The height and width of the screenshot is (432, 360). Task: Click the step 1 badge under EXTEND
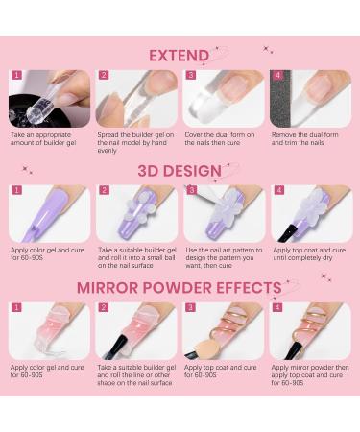tap(15, 75)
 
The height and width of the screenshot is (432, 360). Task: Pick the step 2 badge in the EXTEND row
tap(103, 75)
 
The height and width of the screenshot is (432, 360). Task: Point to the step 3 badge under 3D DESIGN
tap(190, 191)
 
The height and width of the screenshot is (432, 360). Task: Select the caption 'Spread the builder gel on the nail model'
tap(135, 143)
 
